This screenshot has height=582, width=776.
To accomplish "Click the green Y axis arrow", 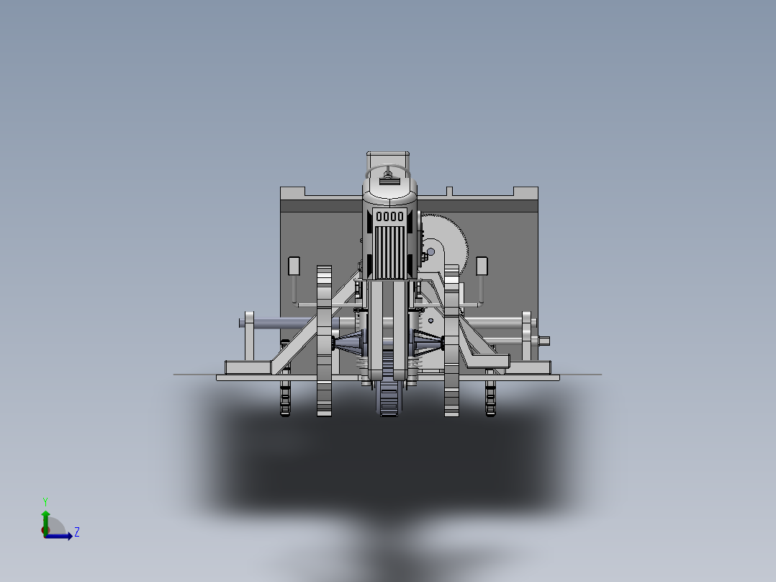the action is coord(45,521).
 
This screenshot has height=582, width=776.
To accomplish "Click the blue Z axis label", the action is coord(77,532).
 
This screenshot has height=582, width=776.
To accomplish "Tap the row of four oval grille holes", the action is coord(390,217).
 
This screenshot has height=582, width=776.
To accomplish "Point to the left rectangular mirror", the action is coord(294,266).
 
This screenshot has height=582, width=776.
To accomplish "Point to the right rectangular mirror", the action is coord(482,266).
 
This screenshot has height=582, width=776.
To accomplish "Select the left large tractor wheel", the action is coord(324,341).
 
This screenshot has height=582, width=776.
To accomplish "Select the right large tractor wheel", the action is coord(451,341).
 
